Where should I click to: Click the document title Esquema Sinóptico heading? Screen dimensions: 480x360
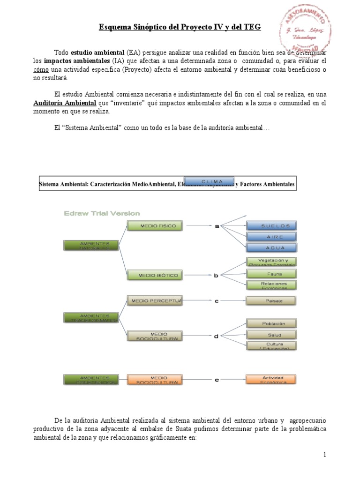[x=180, y=28]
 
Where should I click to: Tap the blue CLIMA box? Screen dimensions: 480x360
[x=210, y=181]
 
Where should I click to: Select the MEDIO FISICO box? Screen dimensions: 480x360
[x=151, y=226]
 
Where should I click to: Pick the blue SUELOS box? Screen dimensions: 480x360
[x=272, y=226]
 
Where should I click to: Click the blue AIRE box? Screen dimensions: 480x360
[x=272, y=237]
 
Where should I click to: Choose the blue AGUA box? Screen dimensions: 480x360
[x=272, y=247]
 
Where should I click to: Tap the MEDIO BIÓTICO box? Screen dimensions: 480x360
[x=151, y=276]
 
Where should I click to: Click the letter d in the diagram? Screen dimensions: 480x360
[x=217, y=335]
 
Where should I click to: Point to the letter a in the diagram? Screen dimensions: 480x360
[x=217, y=226]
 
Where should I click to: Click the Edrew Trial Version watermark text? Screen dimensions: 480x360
[x=102, y=213]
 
